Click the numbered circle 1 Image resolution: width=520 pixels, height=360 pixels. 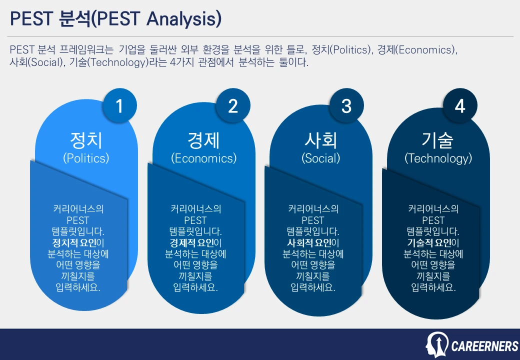click(119, 106)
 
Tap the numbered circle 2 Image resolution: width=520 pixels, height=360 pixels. click(233, 106)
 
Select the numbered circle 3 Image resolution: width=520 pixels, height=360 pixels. click(346, 106)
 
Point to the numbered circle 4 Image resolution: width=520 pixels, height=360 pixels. click(460, 106)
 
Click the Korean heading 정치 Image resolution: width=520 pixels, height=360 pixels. click(86, 140)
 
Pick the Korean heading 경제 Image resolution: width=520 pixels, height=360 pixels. click(203, 140)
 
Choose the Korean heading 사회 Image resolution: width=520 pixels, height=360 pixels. click(320, 140)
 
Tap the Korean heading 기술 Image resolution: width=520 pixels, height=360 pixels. click(438, 140)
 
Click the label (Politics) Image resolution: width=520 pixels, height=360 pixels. click(86, 158)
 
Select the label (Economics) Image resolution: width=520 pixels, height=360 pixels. click(203, 158)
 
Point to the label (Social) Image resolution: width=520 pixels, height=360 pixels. click(320, 158)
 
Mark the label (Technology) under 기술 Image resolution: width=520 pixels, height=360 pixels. click(438, 158)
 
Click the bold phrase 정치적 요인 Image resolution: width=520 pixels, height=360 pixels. click(73, 243)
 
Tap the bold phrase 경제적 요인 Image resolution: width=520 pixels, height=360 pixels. click(191, 243)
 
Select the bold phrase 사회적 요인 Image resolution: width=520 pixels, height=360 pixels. click(308, 243)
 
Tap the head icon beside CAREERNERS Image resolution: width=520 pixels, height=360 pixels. click(437, 345)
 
